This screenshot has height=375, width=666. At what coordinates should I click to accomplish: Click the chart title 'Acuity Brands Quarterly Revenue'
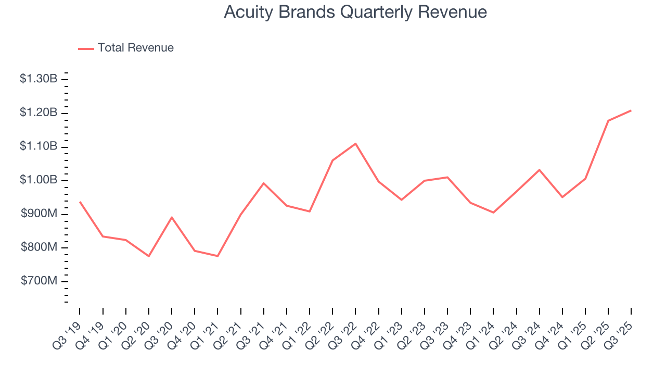[x=355, y=12]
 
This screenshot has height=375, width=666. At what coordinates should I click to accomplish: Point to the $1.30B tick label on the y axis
[x=38, y=79]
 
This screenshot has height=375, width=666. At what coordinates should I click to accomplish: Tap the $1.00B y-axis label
[x=38, y=180]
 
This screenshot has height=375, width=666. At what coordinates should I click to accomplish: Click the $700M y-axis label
[x=39, y=281]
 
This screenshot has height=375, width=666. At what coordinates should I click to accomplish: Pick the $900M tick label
[x=39, y=214]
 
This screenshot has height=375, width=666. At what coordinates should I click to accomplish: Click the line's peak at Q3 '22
[x=355, y=143]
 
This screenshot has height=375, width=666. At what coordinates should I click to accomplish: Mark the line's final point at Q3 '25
[x=631, y=110]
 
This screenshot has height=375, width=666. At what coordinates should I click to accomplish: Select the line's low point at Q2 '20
[x=149, y=256]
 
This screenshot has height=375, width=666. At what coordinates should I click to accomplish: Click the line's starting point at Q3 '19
[x=80, y=202]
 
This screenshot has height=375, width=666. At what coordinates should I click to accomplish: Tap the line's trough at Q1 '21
[x=217, y=256]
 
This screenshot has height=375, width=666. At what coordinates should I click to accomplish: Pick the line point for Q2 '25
[x=608, y=121]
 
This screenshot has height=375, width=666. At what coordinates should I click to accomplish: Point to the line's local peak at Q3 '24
[x=539, y=170]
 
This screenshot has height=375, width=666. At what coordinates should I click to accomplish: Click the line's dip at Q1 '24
[x=493, y=213]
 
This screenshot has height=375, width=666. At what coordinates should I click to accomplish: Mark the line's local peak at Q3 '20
[x=172, y=217]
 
